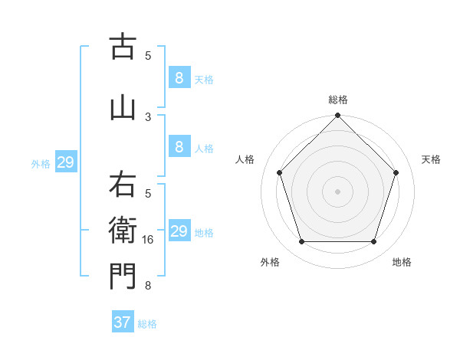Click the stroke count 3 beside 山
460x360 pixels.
(148, 116)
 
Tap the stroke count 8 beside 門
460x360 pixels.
(148, 286)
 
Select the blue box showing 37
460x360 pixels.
(122, 322)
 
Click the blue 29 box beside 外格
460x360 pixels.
(64, 162)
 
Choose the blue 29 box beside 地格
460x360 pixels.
(179, 231)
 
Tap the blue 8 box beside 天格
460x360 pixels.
(179, 77)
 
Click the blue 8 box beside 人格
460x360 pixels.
(179, 147)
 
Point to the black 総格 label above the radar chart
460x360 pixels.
(338, 100)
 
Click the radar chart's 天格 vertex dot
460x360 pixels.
(396, 172)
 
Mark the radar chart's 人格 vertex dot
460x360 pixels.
(279, 172)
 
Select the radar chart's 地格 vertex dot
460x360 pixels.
(373, 242)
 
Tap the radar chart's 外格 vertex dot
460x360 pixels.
(301, 242)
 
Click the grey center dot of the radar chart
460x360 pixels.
(337, 191)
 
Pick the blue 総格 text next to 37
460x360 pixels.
(147, 324)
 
